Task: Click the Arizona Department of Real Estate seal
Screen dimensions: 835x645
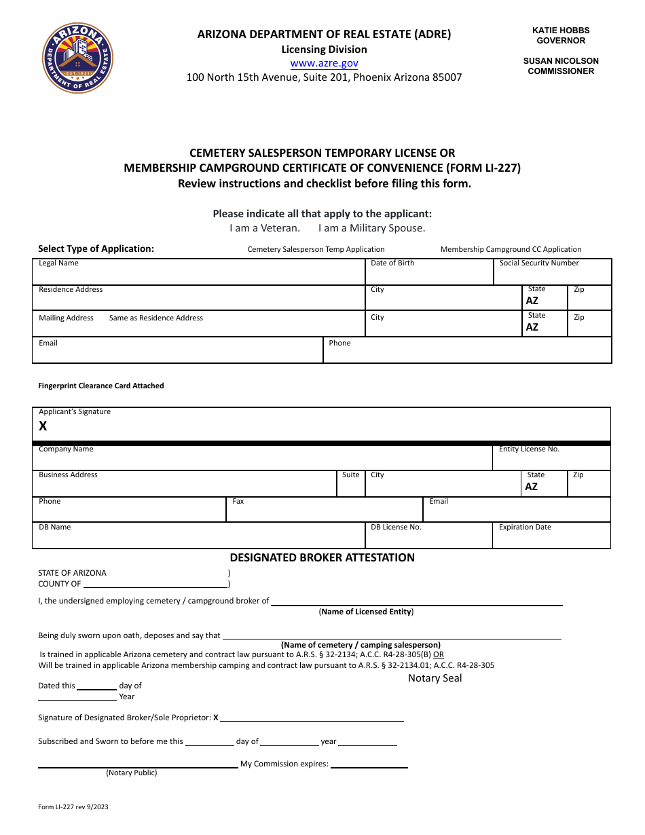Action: pos(78,58)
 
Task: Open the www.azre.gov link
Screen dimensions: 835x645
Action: pos(324,63)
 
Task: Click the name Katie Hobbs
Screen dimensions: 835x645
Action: pos(560,31)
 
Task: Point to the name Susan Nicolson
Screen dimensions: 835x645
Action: pos(560,61)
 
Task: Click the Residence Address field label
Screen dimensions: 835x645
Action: pos(71,290)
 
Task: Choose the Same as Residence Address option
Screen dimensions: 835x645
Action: pos(155,318)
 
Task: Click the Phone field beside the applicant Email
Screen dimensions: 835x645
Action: pos(467,351)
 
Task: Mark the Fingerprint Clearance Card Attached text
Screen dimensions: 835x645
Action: pos(100,386)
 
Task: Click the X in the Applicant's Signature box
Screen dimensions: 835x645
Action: pos(43,426)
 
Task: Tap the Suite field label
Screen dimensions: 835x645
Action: pos(350,475)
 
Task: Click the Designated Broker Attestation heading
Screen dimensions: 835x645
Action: pos(322,557)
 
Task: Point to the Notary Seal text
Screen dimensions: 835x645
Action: pos(435,678)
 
